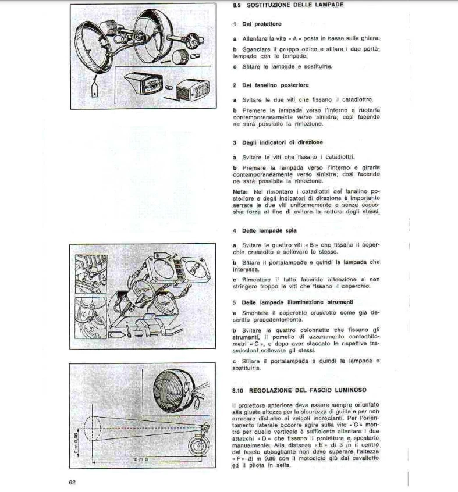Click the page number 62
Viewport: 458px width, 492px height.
[72, 482]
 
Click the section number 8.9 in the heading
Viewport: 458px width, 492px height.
[237, 5]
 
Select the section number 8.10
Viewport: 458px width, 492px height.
[239, 391]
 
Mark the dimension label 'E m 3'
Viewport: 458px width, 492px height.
[141, 459]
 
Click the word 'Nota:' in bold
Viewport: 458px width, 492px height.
[240, 191]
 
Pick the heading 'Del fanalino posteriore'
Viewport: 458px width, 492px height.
[267, 85]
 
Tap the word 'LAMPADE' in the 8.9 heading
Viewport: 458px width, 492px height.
[326, 5]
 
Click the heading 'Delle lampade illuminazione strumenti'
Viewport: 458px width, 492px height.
[293, 302]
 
